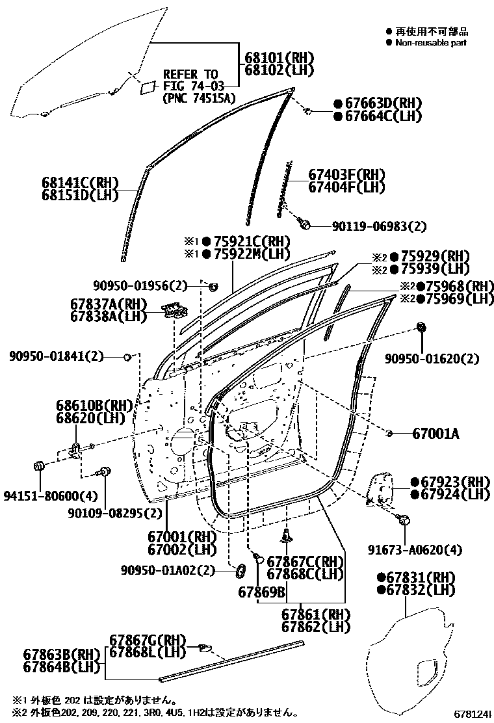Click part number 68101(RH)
point(279,57)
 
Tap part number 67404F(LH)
point(346,187)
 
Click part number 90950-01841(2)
point(57,356)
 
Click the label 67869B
point(262,592)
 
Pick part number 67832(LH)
point(419,590)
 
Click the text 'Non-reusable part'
point(431,42)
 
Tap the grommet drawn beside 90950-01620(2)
point(421,326)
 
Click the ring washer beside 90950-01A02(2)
point(240,570)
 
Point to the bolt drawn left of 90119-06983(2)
point(304,225)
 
